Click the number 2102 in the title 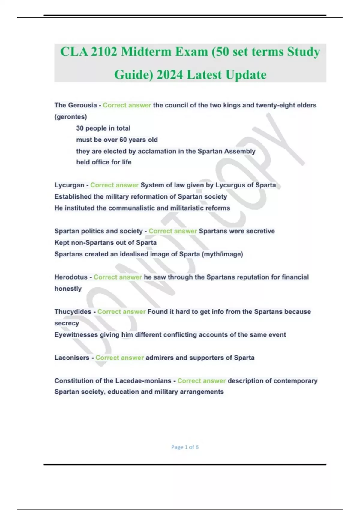click(104, 52)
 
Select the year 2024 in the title click(169, 75)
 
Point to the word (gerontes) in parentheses click(71, 117)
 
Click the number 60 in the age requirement click(123, 139)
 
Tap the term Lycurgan click(69, 185)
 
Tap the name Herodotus click(71, 277)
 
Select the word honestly click(68, 289)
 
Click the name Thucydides click(73, 312)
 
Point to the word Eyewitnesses click(76, 334)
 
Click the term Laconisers click(72, 358)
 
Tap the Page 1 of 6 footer click(185, 447)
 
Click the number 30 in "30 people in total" click(80, 128)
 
